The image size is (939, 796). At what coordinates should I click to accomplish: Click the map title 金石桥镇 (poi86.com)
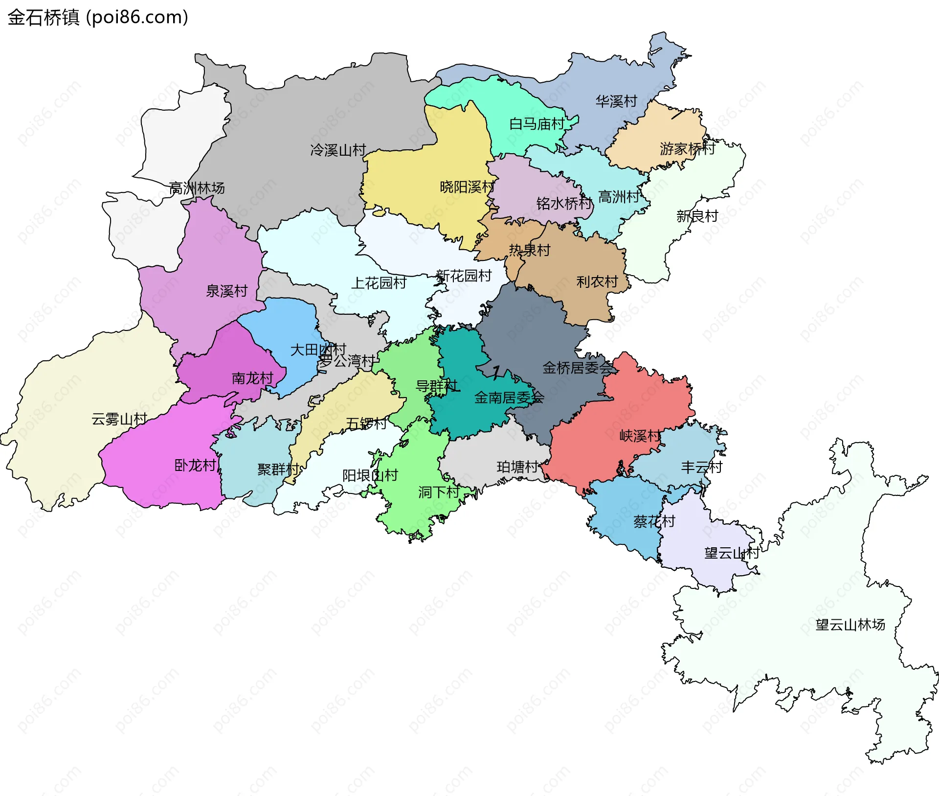pos(98,18)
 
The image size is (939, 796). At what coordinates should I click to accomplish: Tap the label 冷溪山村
pos(338,150)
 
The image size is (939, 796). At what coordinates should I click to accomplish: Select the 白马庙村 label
pos(537,124)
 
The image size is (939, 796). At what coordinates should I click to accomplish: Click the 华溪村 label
pos(616,101)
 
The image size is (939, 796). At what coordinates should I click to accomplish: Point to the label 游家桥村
pos(687,148)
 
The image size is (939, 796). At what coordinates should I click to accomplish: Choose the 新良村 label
pos(697,216)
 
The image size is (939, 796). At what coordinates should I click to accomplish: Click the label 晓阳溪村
pos(467,187)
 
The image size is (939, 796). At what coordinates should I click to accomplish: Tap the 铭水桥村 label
pos(564,203)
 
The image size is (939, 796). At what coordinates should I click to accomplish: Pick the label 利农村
pos(597,281)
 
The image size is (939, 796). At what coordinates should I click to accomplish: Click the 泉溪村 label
pos(226,291)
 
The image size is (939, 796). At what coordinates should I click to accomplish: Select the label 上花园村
pos(379,282)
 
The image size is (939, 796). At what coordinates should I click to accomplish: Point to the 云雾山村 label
pos(119,419)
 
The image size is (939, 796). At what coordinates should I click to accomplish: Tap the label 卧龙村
pos(195,465)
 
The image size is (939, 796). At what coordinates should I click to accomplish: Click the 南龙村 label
pos(252,378)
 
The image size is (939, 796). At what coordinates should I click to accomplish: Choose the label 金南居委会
pos(509,398)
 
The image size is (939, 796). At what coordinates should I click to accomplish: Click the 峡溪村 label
pos(640,435)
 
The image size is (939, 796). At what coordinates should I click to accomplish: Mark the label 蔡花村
pos(654,521)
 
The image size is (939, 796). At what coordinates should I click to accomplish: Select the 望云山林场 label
pos(850,625)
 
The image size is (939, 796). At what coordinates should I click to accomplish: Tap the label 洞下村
pos(439,492)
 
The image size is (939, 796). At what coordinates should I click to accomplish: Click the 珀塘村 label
pos(517,467)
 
